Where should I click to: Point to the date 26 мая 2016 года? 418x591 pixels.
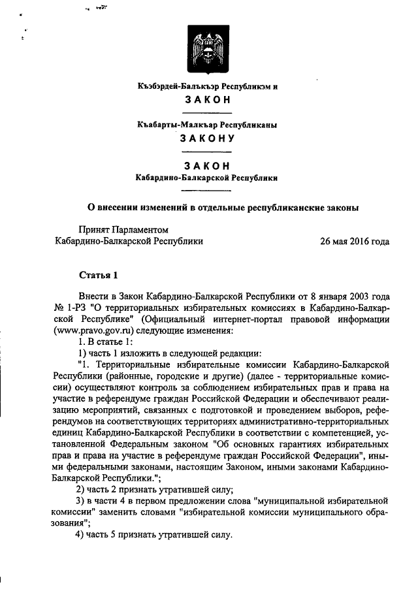pyautogui.click(x=355, y=241)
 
